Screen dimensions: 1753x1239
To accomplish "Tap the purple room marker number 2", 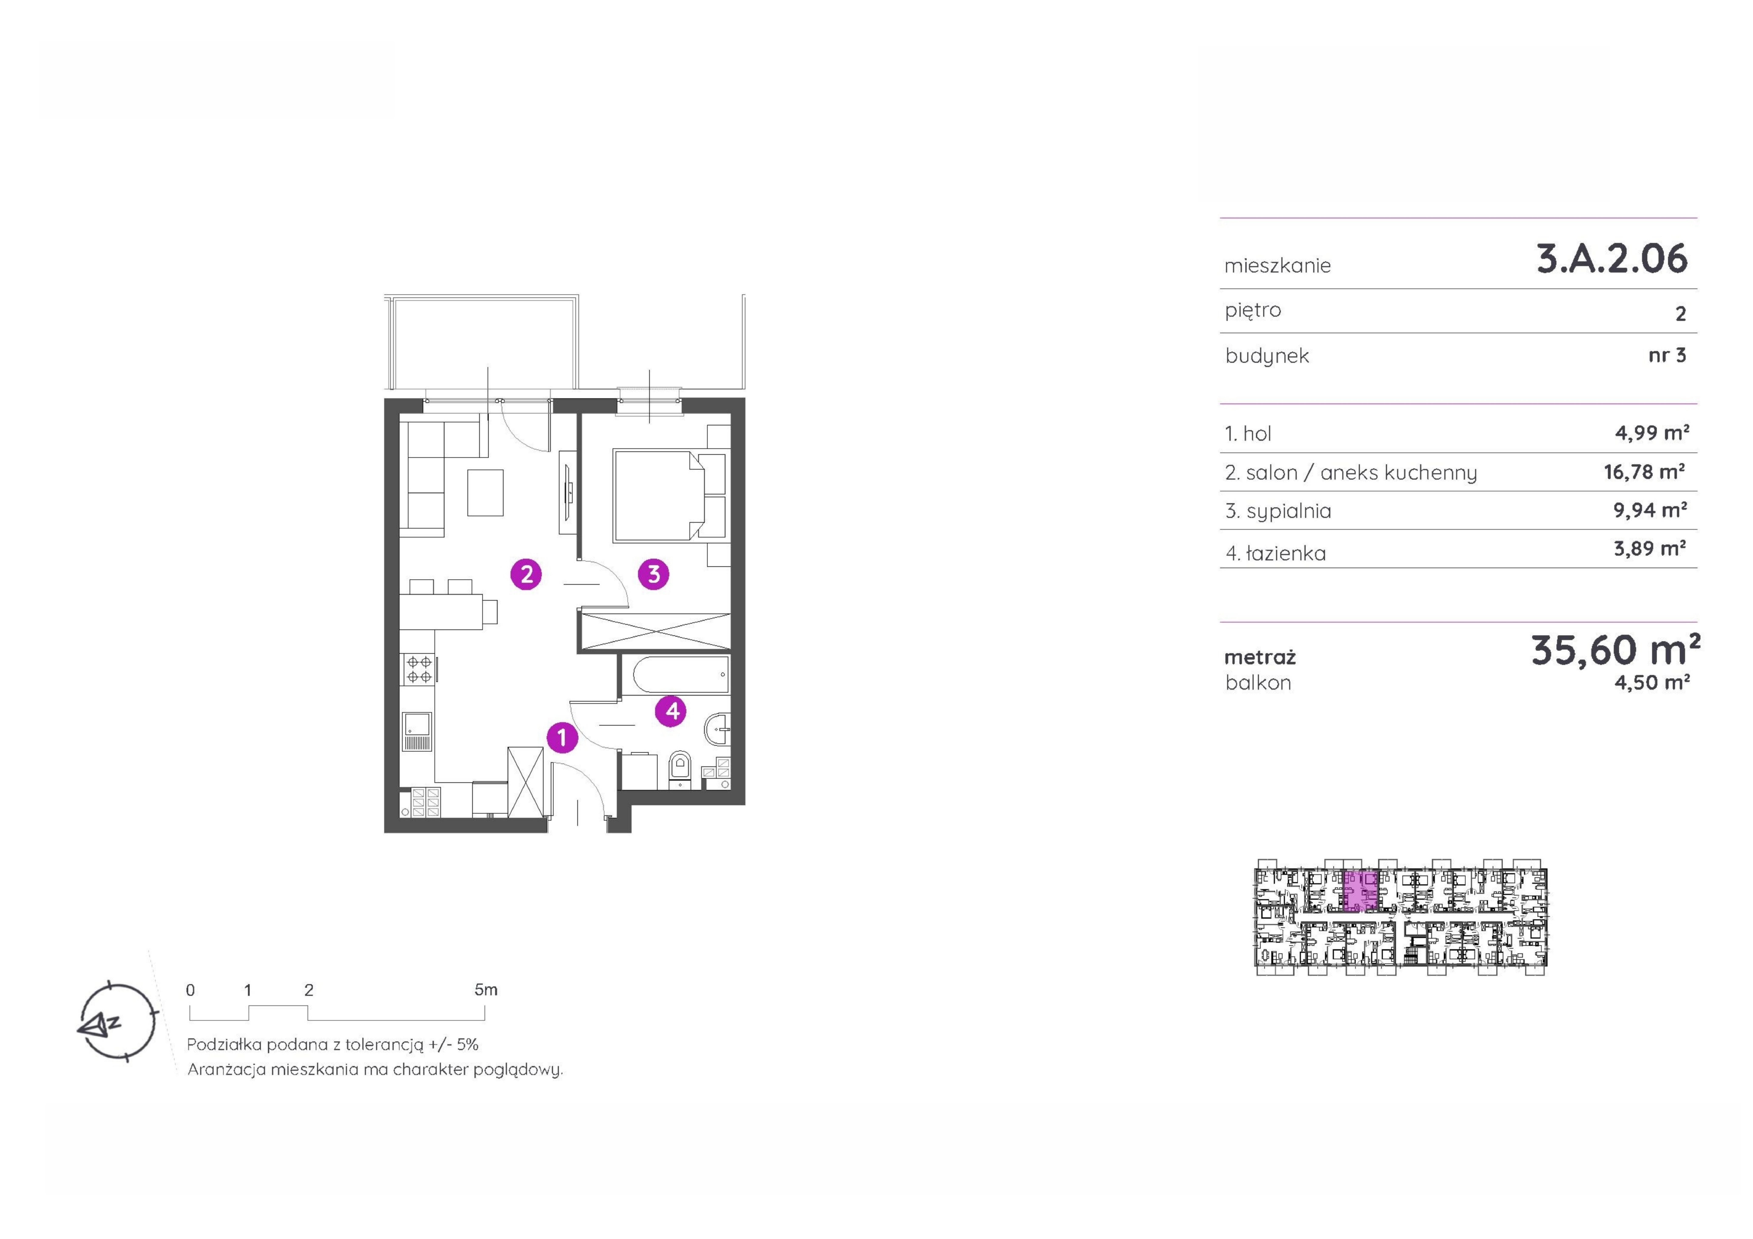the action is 526,574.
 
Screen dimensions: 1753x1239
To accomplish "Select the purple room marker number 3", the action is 654,574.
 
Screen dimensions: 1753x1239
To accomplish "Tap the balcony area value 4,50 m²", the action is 1651,682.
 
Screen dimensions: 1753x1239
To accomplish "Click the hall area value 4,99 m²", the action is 1651,433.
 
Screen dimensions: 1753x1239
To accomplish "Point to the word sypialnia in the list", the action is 1289,511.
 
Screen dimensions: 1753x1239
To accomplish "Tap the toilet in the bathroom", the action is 679,770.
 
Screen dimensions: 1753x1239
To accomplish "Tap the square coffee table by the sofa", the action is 486,492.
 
